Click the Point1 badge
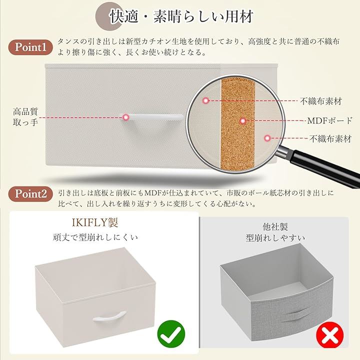[x=30, y=47]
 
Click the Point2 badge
[x=30, y=194]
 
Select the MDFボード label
[x=329, y=120]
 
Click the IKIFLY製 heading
[x=95, y=222]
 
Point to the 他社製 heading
[x=275, y=227]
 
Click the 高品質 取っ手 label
[x=25, y=117]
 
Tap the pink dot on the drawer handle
[x=125, y=117]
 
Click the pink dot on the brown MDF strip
[x=243, y=121]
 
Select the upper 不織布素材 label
[x=321, y=101]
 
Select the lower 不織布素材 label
[x=330, y=138]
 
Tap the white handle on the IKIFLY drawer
[x=109, y=316]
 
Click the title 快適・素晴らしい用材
[x=181, y=16]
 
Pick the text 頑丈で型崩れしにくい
[x=95, y=237]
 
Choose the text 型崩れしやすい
[x=275, y=238]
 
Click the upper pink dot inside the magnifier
[x=205, y=100]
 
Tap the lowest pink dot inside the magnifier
[x=267, y=138]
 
